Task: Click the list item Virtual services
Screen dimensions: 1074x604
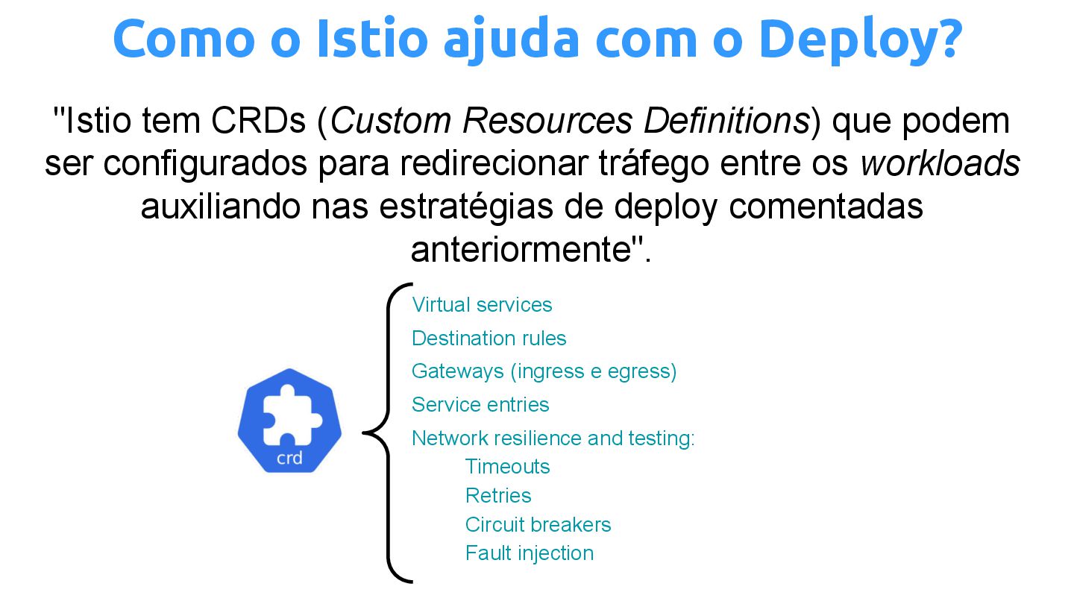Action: click(482, 305)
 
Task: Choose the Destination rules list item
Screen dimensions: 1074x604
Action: click(489, 339)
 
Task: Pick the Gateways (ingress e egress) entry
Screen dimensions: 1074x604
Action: click(544, 371)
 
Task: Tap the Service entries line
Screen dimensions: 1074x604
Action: click(480, 405)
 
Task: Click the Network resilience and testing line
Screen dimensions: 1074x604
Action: click(553, 438)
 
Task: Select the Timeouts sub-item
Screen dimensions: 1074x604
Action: click(507, 467)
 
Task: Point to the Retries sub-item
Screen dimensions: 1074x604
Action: click(498, 496)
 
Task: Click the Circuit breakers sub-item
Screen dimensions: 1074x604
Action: click(538, 525)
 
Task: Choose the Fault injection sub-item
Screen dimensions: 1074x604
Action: click(530, 553)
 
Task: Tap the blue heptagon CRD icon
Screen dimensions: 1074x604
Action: click(289, 420)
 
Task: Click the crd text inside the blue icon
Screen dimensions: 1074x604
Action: click(289, 458)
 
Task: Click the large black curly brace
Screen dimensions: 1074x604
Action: click(387, 432)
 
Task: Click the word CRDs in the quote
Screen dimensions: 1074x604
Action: click(258, 121)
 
